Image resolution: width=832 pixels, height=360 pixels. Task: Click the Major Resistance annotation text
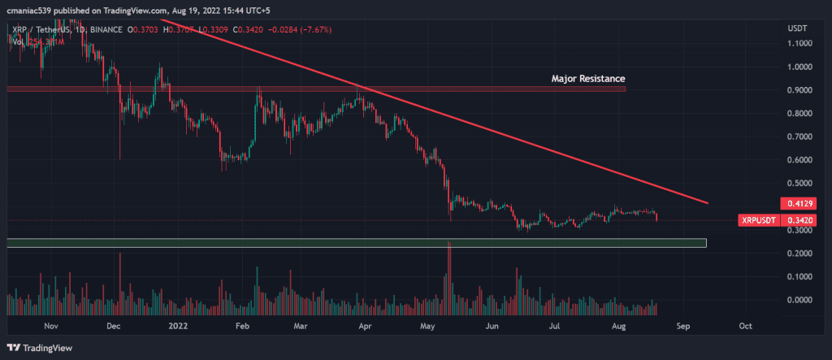tap(588, 79)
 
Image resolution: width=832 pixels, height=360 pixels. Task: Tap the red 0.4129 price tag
tap(791, 202)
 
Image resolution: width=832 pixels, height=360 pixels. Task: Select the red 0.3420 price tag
tap(791, 220)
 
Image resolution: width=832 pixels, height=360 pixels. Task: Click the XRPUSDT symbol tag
tap(759, 220)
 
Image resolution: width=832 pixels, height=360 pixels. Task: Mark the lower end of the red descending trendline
tap(708, 203)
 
